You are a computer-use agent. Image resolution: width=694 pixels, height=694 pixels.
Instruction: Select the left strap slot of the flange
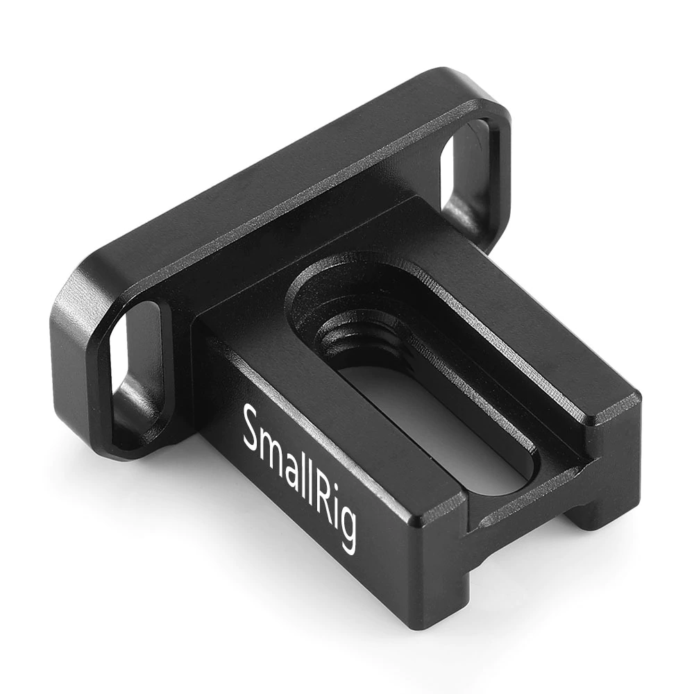pyautogui.click(x=135, y=361)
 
